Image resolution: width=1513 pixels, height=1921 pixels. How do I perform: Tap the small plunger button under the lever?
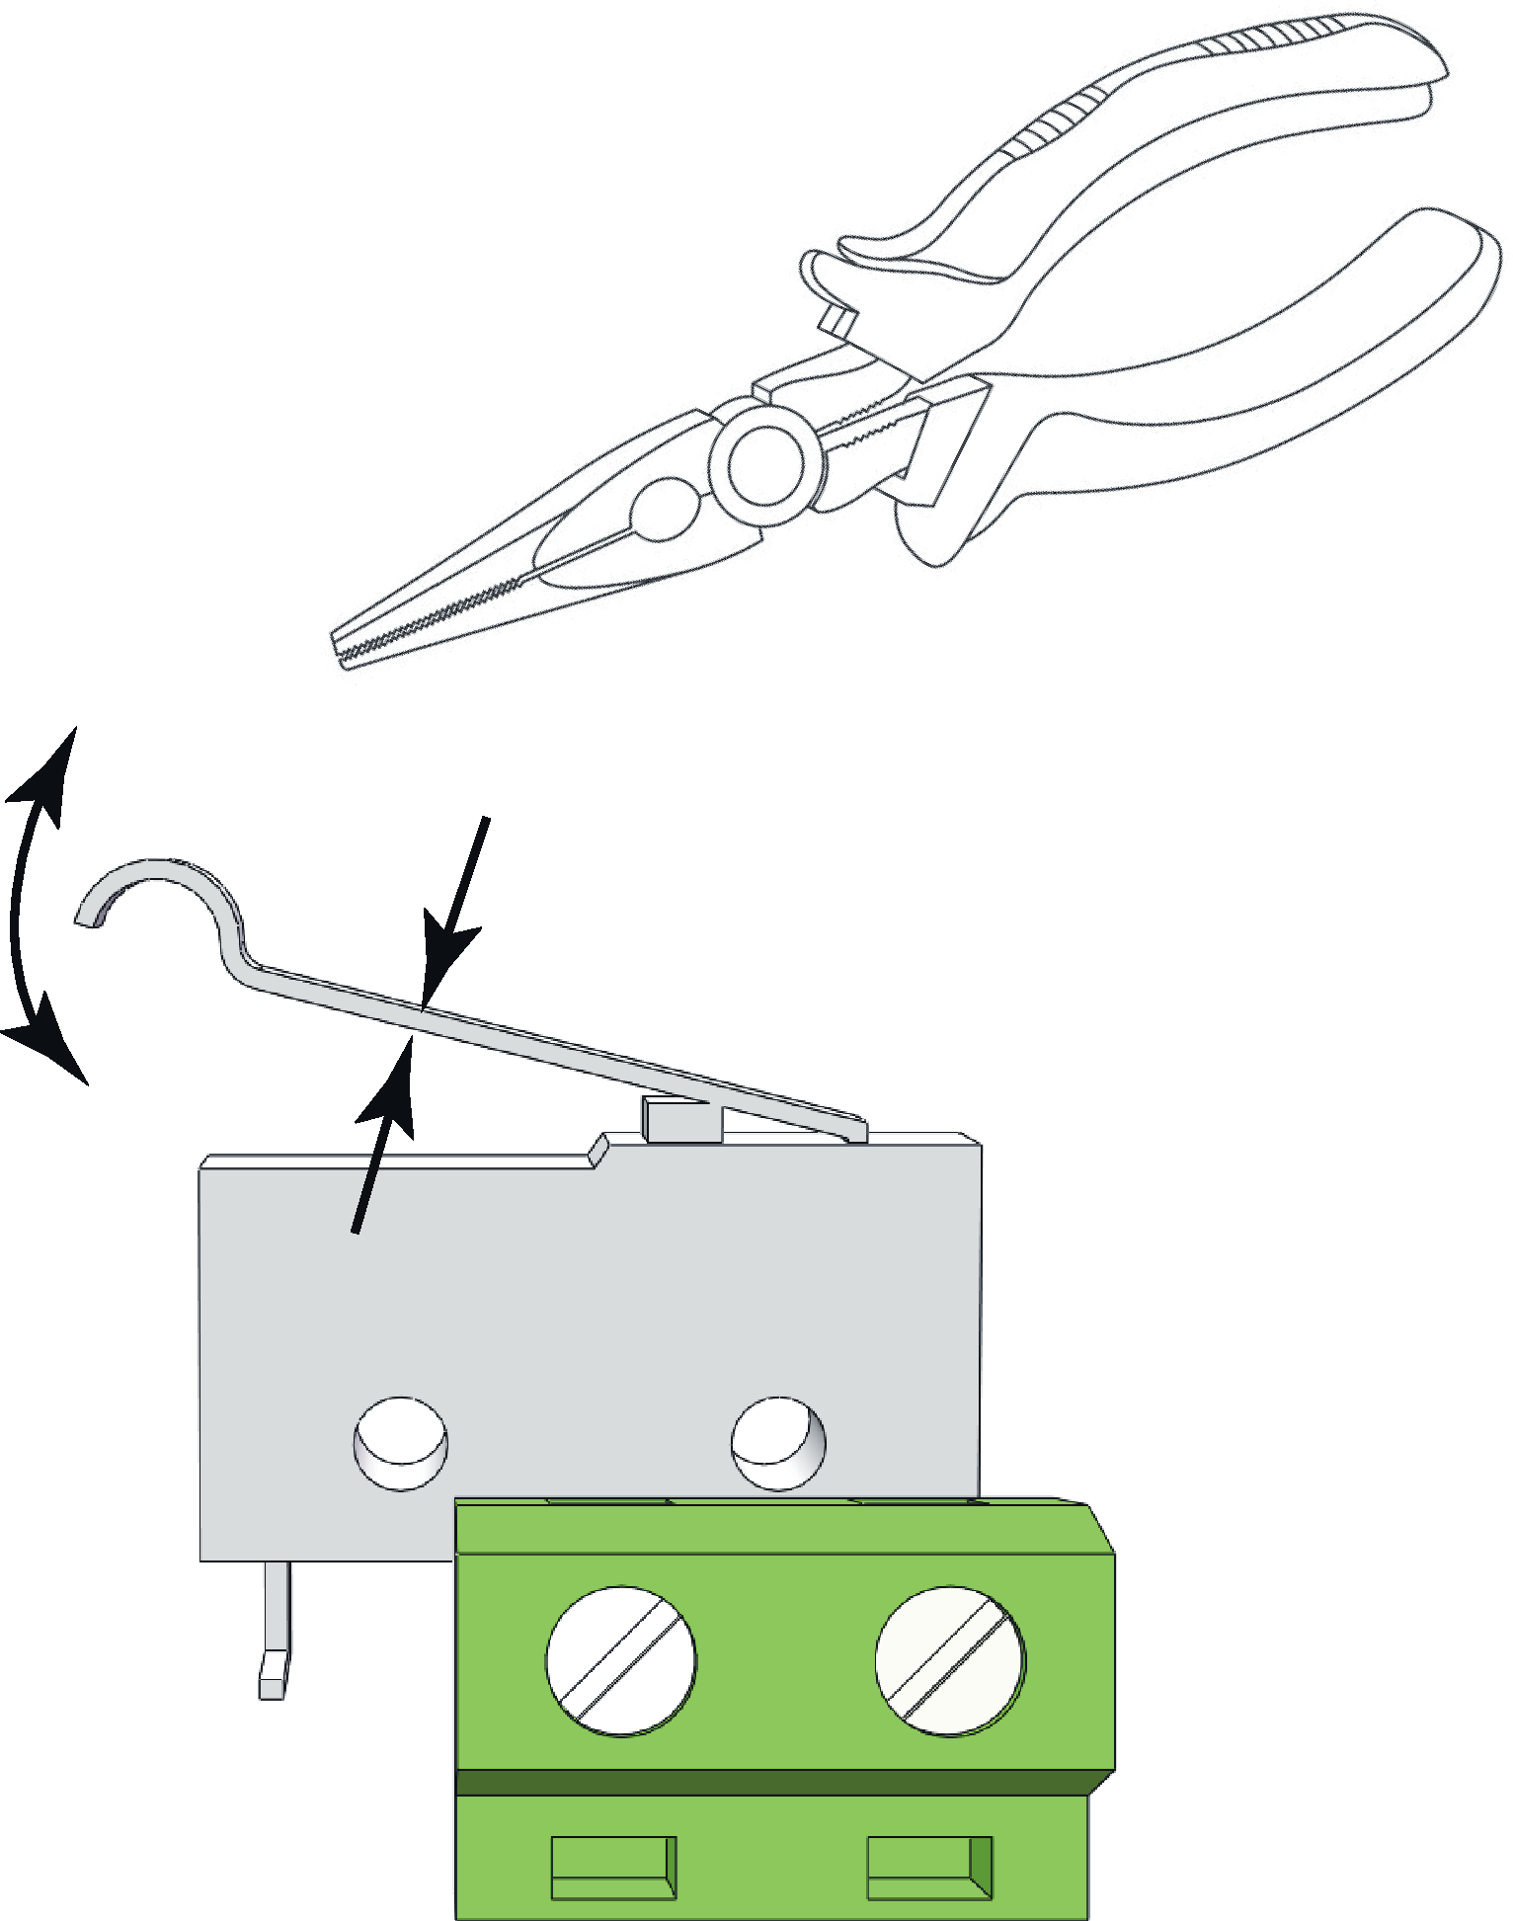point(681,1118)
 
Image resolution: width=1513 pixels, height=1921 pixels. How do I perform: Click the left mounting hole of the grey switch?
point(400,1443)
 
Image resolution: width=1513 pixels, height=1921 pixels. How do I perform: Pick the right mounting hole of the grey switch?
point(778,1443)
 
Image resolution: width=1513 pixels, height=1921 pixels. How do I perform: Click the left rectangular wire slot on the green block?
point(613,1868)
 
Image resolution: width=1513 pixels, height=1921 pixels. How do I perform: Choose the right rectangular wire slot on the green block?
point(929,1868)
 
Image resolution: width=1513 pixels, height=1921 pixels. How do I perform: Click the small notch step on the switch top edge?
point(597,1151)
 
